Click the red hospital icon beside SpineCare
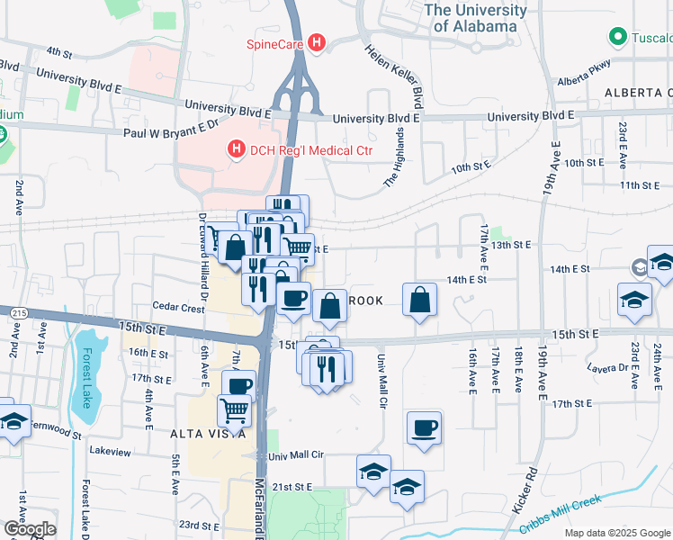[x=316, y=42]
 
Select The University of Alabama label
[x=475, y=18]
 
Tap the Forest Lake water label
[x=86, y=377]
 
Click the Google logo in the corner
[x=30, y=529]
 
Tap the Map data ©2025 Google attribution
[x=617, y=533]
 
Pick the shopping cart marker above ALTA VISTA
[x=235, y=410]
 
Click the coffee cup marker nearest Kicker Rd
[x=424, y=427]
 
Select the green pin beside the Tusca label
[x=617, y=38]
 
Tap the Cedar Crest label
[x=178, y=307]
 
